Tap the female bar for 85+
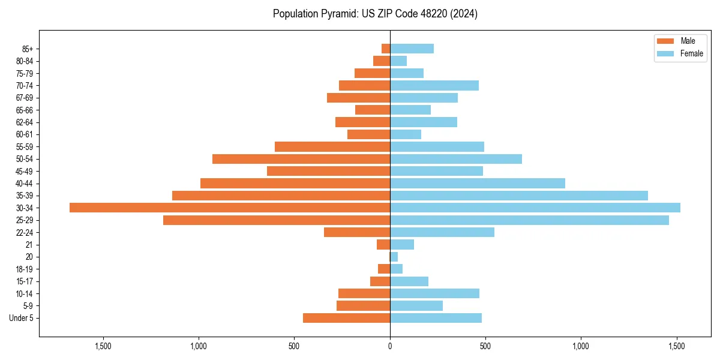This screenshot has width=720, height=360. pyautogui.click(x=412, y=49)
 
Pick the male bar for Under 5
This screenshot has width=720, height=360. pyautogui.click(x=346, y=318)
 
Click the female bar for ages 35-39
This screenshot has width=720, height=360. pyautogui.click(x=519, y=196)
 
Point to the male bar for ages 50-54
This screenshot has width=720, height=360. pyautogui.click(x=301, y=159)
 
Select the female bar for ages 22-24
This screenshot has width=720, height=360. pyautogui.click(x=442, y=232)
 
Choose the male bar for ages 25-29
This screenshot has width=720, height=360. pyautogui.click(x=277, y=220)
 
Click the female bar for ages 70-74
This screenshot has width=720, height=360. pyautogui.click(x=434, y=85)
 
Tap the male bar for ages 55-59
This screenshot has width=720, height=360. pyautogui.click(x=332, y=146)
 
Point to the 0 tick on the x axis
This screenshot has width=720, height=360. pyautogui.click(x=390, y=346)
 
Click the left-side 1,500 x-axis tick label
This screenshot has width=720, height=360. pyautogui.click(x=103, y=346)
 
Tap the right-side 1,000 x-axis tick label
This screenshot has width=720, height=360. pyautogui.click(x=581, y=346)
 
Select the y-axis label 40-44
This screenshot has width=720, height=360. pyautogui.click(x=25, y=184)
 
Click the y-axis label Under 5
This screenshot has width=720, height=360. pyautogui.click(x=22, y=318)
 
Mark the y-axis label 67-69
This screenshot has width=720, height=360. pyautogui.click(x=25, y=98)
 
